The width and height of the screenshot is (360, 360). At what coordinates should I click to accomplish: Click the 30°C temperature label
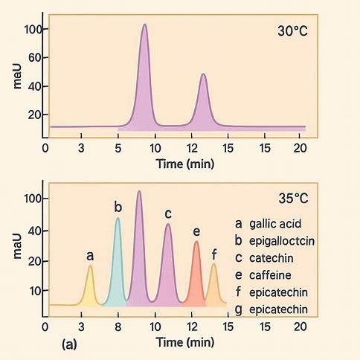click(x=292, y=31)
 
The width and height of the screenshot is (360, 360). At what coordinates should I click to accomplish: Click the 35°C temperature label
click(x=293, y=199)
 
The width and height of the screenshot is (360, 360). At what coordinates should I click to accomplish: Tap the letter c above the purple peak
click(x=168, y=213)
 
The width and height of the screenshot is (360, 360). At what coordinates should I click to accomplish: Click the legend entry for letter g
click(x=271, y=310)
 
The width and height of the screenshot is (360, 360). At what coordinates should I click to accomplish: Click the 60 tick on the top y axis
click(x=35, y=58)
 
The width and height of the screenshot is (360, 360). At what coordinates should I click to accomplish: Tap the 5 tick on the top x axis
click(x=118, y=148)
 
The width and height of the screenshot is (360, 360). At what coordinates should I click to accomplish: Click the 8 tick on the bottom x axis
click(x=118, y=327)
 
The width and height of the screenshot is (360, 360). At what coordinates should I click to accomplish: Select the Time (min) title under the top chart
click(x=185, y=164)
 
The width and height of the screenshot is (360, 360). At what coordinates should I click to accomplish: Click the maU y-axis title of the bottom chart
click(x=17, y=246)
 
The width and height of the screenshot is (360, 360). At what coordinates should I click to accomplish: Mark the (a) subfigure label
click(x=69, y=344)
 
